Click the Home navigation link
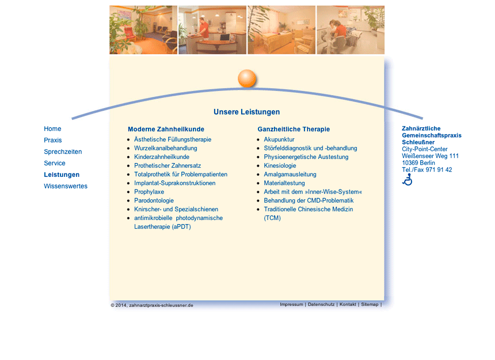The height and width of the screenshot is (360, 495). [x=52, y=128]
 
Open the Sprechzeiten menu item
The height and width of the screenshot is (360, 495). [x=63, y=151]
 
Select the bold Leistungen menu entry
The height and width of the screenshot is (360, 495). [x=62, y=175]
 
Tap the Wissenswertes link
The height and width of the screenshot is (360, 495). [x=66, y=186]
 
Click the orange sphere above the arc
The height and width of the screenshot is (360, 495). [x=247, y=78]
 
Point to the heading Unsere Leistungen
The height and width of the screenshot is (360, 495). [x=246, y=112]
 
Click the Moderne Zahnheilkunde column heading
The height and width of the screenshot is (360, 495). [x=166, y=129]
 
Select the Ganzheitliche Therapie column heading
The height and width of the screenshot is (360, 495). [x=294, y=129]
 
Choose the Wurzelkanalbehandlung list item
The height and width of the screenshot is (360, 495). [x=165, y=148]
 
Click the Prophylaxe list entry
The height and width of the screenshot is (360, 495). [x=149, y=192]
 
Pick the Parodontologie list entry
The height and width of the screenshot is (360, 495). [x=154, y=200]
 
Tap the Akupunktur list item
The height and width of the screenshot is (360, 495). [x=279, y=139]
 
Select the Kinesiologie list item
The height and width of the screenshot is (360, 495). [x=280, y=165]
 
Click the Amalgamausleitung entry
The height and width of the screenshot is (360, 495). [x=290, y=175]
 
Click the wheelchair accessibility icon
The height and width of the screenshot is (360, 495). [x=408, y=179]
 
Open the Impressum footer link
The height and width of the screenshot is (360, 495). [x=291, y=305]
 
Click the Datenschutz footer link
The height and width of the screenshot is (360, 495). [x=321, y=305]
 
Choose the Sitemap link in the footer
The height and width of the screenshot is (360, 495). [x=370, y=305]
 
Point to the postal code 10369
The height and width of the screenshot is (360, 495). [x=410, y=163]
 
